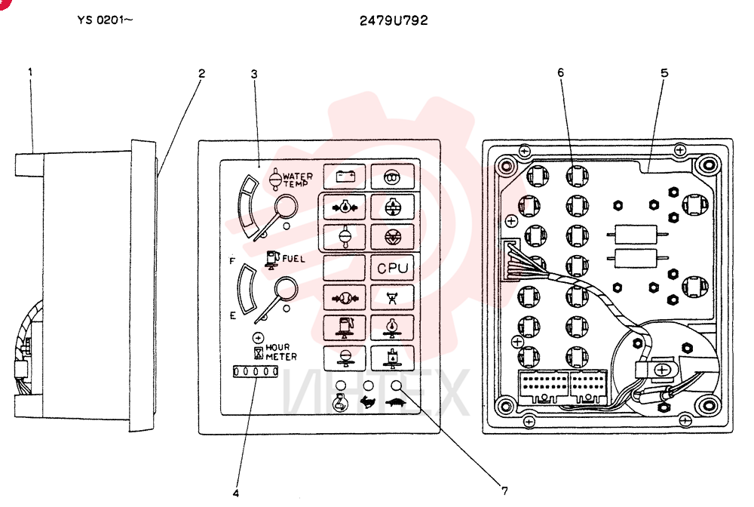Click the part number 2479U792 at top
(x=394, y=20)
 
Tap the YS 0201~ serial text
(x=105, y=20)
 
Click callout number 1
(x=30, y=72)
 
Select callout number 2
(x=201, y=73)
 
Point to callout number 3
(x=254, y=74)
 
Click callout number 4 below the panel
(x=235, y=493)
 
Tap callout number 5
(x=664, y=73)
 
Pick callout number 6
(x=561, y=72)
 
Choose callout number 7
(x=504, y=491)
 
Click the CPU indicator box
(x=392, y=268)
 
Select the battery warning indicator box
(x=345, y=177)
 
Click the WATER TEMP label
(x=298, y=180)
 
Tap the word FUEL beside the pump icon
(x=293, y=259)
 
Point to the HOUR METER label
(x=280, y=352)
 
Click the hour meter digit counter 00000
(x=256, y=371)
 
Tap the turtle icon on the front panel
(x=396, y=403)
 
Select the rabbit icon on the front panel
(x=368, y=402)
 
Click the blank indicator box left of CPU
(x=345, y=268)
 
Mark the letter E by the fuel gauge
(x=233, y=316)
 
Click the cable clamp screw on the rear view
(x=662, y=370)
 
